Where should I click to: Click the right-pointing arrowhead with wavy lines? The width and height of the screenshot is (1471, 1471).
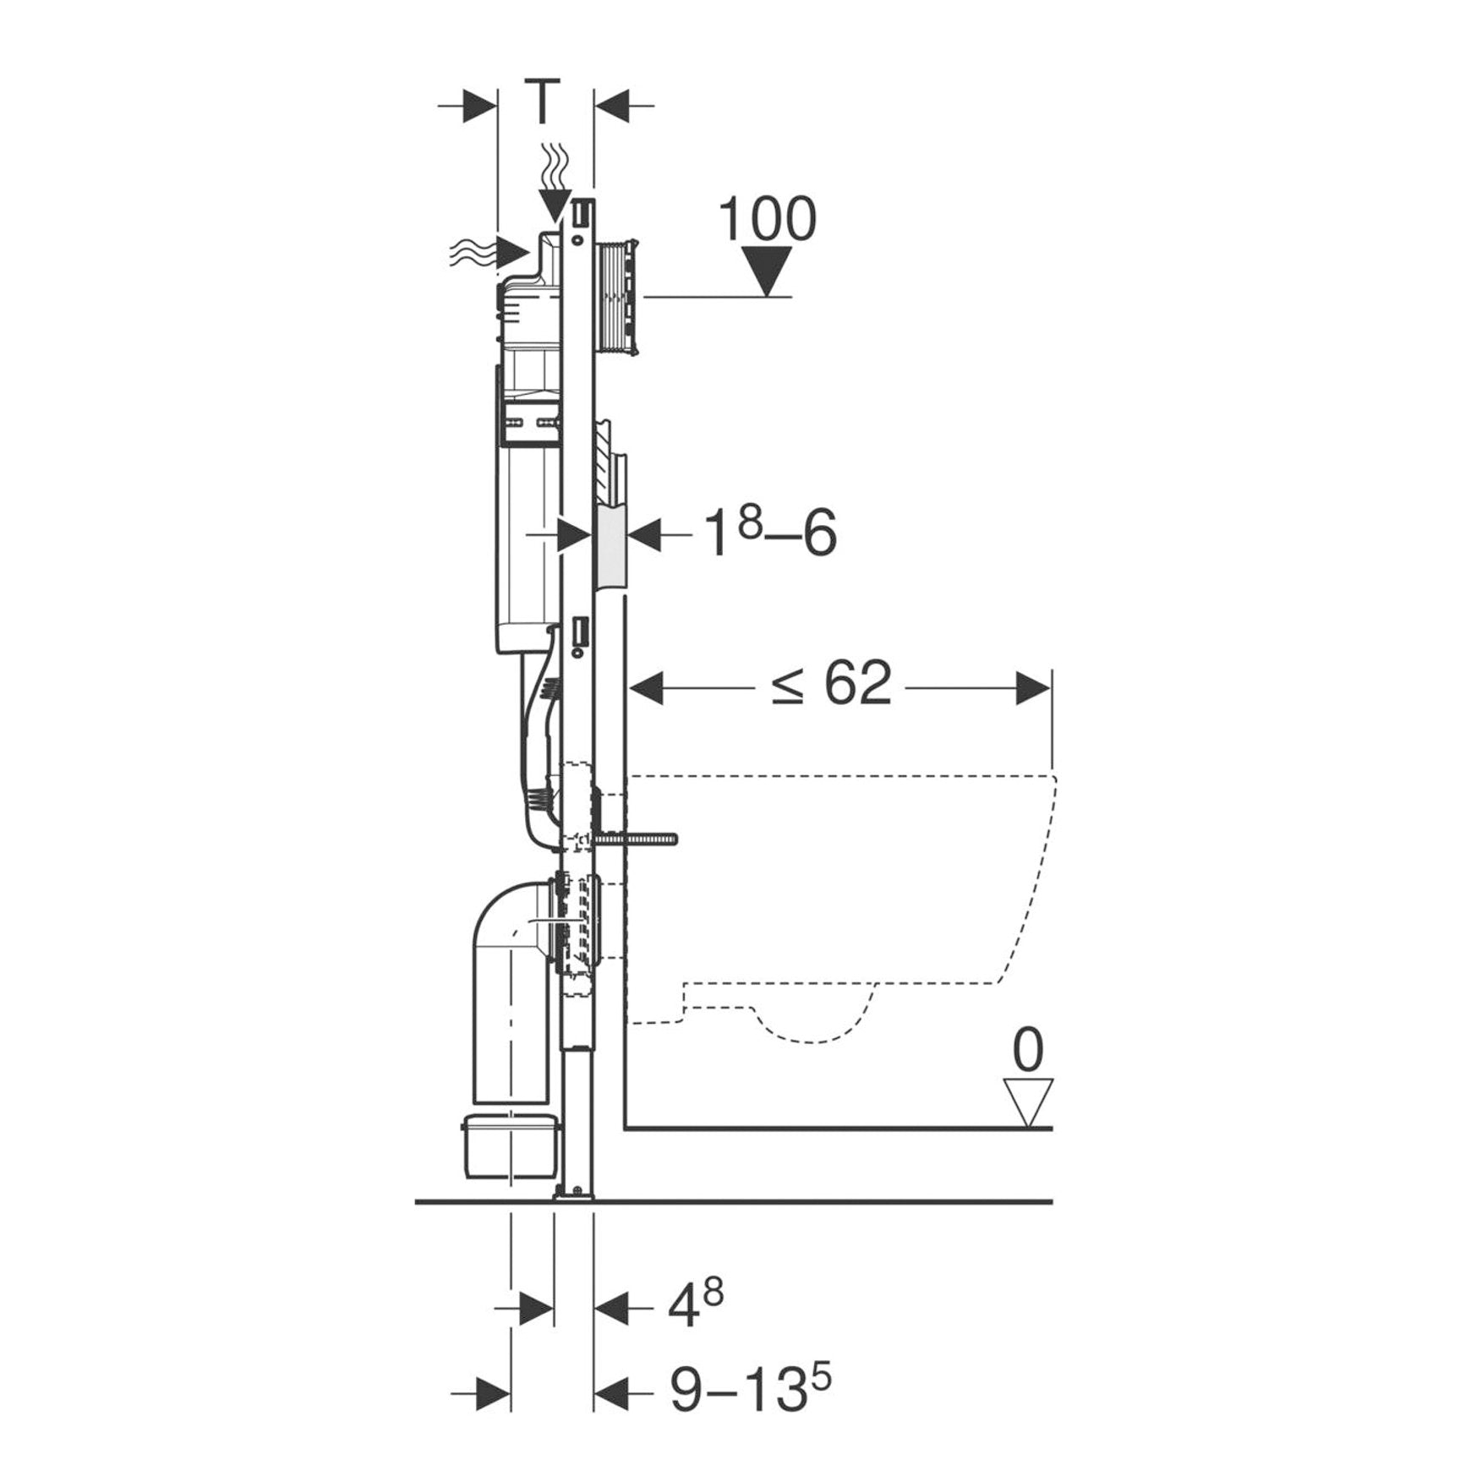click(x=514, y=252)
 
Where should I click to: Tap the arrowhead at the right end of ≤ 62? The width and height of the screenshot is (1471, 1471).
click(x=1031, y=687)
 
